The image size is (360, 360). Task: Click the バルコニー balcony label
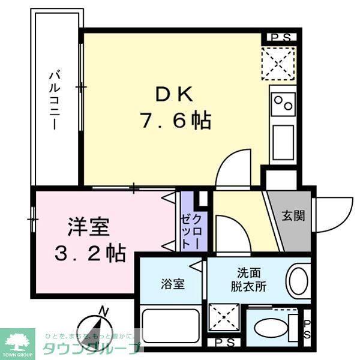click(x=53, y=99)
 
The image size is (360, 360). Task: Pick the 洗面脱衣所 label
click(x=245, y=278)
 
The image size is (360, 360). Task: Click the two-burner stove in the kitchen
click(x=283, y=104)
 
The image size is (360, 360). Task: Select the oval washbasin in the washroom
click(x=299, y=280)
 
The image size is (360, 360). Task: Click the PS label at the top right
click(x=280, y=37)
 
